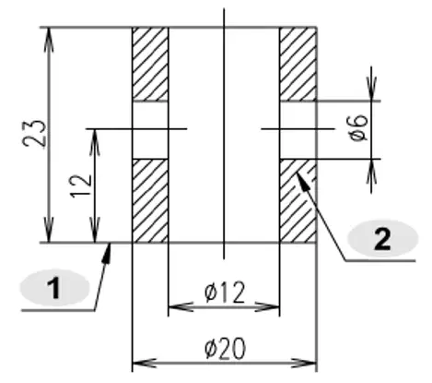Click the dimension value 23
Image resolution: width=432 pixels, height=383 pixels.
[35, 133]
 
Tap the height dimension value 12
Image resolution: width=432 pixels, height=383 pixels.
[81, 186]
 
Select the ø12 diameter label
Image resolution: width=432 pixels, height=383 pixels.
[225, 292]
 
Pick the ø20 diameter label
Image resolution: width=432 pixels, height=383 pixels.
[225, 348]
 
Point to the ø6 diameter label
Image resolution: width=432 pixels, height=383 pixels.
[359, 127]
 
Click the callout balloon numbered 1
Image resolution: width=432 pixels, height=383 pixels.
[54, 288]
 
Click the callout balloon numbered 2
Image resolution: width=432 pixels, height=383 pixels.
[382, 238]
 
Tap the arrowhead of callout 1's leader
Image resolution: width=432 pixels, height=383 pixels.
[107, 254]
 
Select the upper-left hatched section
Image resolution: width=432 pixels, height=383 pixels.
[150, 65]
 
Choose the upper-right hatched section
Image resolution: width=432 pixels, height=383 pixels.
[298, 65]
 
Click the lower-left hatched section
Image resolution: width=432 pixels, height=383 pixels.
[150, 200]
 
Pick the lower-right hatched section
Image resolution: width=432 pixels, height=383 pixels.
[298, 200]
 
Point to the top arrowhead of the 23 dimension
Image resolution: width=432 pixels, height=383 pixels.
[50, 40]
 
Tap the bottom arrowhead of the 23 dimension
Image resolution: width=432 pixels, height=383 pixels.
[50, 230]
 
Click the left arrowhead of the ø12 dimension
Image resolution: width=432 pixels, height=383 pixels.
[181, 307]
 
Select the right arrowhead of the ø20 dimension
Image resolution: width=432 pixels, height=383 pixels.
[303, 364]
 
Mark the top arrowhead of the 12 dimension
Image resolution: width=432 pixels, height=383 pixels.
[95, 142]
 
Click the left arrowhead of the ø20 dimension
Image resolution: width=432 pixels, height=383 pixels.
[146, 364]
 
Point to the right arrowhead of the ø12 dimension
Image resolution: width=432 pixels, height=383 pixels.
[267, 307]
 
